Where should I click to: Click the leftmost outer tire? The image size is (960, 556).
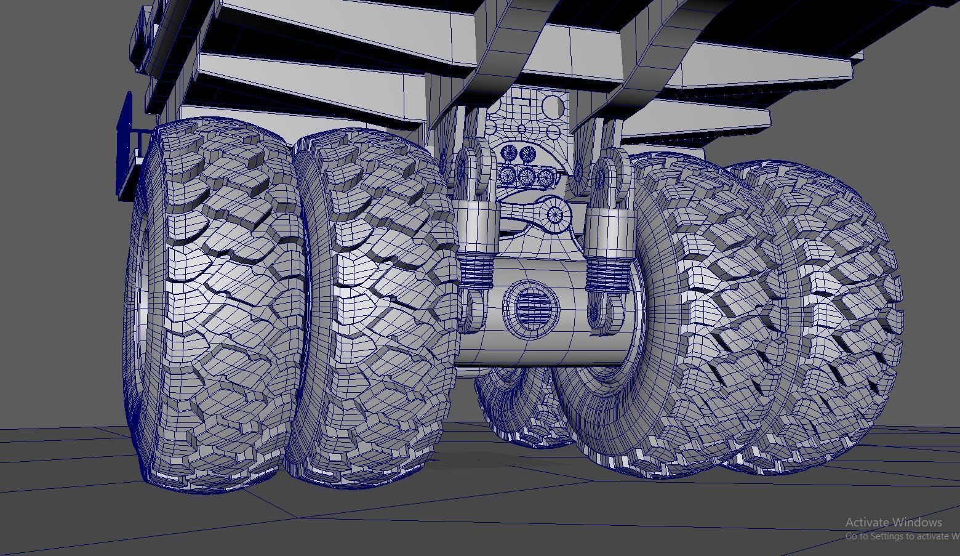215,302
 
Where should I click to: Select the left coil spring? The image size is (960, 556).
476,271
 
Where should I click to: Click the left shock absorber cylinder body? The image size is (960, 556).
476,228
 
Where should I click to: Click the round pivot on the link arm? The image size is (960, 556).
554,215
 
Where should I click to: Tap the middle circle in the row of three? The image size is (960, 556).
527,177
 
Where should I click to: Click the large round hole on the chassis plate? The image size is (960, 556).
552,107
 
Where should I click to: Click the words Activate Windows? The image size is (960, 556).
894,522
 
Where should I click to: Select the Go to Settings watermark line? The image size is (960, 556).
902,536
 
